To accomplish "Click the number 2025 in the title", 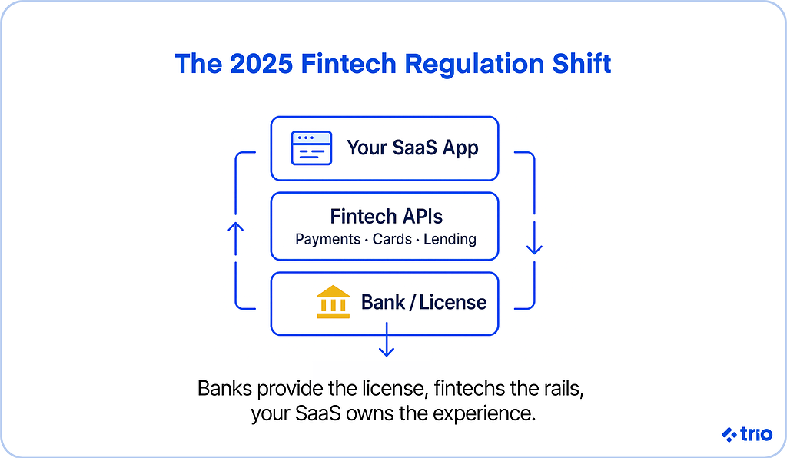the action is (x=261, y=64).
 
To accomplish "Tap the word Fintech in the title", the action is (x=349, y=64).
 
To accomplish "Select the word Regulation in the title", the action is (x=474, y=65).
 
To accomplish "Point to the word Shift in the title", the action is (x=582, y=64).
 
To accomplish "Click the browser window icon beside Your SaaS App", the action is (x=311, y=148).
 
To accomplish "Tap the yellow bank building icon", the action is (x=334, y=302).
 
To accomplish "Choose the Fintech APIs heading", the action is (x=386, y=217).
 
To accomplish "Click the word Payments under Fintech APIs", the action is (x=327, y=239).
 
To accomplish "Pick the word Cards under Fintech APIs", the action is (x=392, y=239).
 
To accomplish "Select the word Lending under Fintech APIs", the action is (x=450, y=239).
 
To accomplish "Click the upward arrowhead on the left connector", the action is (x=235, y=227).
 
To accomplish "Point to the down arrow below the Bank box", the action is (x=386, y=340).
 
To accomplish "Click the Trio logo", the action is (x=747, y=434).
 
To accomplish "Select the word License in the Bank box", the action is (x=453, y=303).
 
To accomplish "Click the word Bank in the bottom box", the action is (x=383, y=303).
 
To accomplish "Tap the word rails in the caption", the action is (x=563, y=389).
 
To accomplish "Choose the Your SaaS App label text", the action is (x=413, y=148).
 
